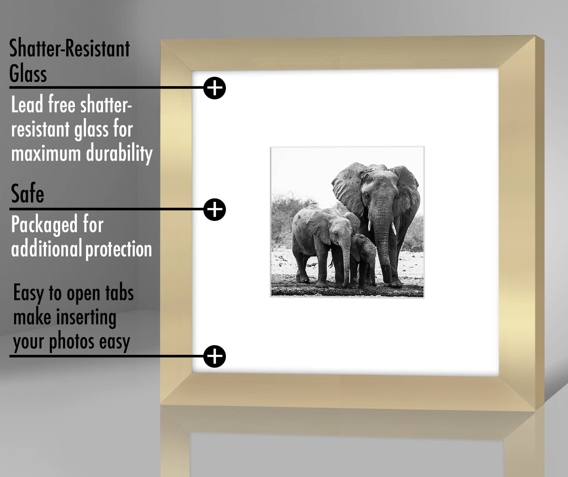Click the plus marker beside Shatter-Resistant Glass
(x=214, y=88)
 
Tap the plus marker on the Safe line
(x=214, y=209)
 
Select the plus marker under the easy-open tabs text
(x=214, y=356)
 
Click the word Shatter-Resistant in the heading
(x=69, y=49)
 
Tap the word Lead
(x=27, y=105)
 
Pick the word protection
(x=119, y=249)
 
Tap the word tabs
(x=119, y=293)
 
